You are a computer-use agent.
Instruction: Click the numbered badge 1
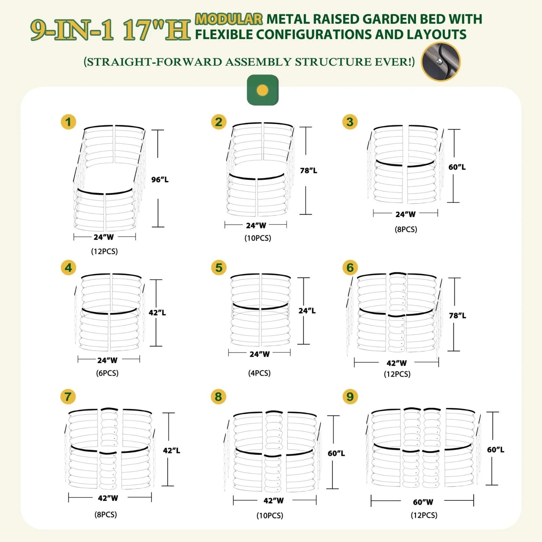click(68, 122)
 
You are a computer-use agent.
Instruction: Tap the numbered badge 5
click(219, 267)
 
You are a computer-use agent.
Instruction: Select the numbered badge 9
click(350, 396)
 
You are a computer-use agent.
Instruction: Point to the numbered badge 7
click(68, 396)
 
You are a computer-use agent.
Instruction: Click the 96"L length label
click(160, 179)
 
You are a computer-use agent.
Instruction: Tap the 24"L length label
click(307, 311)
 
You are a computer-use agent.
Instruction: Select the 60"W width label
click(423, 502)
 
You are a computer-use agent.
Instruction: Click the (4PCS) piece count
click(259, 373)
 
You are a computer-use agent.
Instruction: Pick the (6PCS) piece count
click(107, 373)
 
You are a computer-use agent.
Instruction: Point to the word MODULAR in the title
click(229, 19)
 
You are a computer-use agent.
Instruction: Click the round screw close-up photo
click(440, 62)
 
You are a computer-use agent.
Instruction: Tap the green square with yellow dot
click(263, 90)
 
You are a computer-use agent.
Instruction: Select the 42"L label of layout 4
click(157, 312)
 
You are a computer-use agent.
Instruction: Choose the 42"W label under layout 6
click(396, 363)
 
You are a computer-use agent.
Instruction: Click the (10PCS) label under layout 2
click(258, 238)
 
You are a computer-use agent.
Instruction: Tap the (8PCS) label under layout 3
click(405, 229)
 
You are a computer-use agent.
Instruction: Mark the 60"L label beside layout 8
click(336, 453)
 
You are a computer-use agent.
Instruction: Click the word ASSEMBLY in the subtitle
click(258, 62)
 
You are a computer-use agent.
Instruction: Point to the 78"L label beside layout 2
click(309, 170)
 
